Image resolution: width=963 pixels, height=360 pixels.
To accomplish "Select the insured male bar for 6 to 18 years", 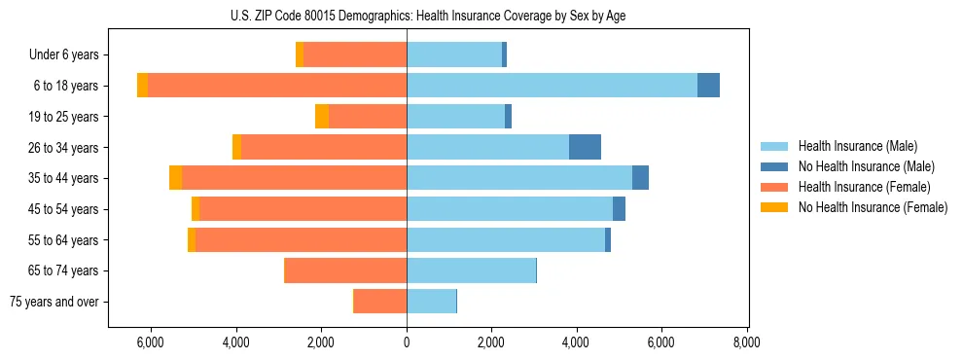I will click(552, 86).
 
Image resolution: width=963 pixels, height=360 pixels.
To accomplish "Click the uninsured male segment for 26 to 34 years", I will click(585, 147).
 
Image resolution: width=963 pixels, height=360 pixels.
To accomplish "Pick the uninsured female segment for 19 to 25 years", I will click(322, 117).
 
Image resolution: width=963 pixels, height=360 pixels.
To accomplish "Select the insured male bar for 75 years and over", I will click(431, 302).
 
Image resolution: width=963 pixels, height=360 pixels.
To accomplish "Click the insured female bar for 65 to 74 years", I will click(345, 270).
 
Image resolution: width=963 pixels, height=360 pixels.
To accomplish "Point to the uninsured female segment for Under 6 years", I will click(300, 55).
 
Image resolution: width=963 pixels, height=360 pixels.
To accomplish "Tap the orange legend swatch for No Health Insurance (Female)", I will click(775, 207).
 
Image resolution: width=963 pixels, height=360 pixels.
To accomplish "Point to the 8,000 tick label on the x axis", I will click(746, 342).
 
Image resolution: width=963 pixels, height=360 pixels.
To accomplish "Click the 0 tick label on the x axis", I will click(407, 342).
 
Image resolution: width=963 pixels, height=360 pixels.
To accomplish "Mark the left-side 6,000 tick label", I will click(151, 342).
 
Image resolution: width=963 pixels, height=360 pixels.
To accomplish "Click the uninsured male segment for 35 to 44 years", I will click(640, 178).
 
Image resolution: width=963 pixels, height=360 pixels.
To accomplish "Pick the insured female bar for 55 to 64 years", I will click(301, 239).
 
